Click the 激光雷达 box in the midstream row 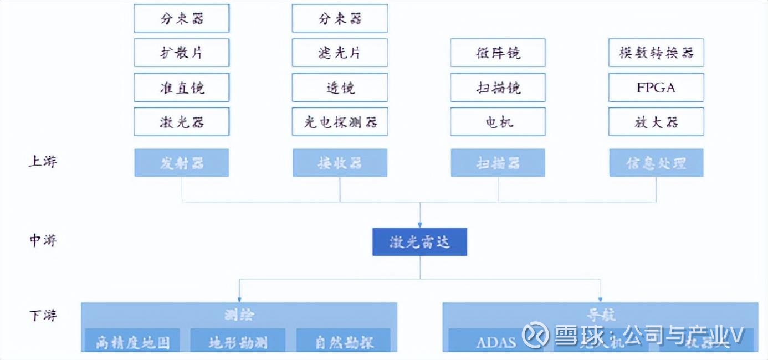tap(419, 242)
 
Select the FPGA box tap(656, 88)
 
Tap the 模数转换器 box tap(656, 53)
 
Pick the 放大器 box tap(656, 122)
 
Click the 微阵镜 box tap(498, 53)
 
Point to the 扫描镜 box tap(498, 88)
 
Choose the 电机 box tap(498, 122)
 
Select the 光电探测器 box tap(340, 122)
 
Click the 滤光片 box tap(340, 53)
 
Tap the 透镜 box tap(340, 88)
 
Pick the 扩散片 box tap(181, 53)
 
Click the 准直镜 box tap(181, 88)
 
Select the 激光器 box tap(181, 122)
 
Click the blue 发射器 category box tap(181, 163)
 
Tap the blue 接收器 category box tap(340, 163)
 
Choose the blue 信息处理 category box tap(656, 163)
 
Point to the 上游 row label tap(43, 162)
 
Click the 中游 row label tap(43, 240)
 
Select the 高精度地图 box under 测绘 tap(132, 342)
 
